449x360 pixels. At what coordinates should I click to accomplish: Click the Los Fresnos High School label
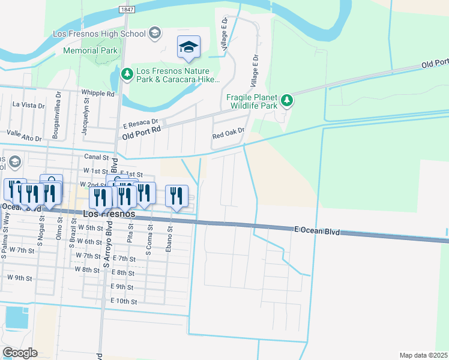(100, 33)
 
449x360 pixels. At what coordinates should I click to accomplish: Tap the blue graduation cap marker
(188, 47)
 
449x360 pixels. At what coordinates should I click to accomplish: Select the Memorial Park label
(90, 50)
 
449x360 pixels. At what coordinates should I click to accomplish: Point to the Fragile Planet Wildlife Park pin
(288, 100)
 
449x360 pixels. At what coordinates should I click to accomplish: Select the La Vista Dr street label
(29, 105)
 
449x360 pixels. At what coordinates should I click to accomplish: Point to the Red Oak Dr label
(229, 134)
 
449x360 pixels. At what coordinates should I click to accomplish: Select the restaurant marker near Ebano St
(176, 196)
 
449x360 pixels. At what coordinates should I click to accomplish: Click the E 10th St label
(124, 301)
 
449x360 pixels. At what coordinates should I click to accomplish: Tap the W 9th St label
(19, 278)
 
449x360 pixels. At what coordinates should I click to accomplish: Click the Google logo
(20, 353)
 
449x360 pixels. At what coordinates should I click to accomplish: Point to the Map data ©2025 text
(423, 355)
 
